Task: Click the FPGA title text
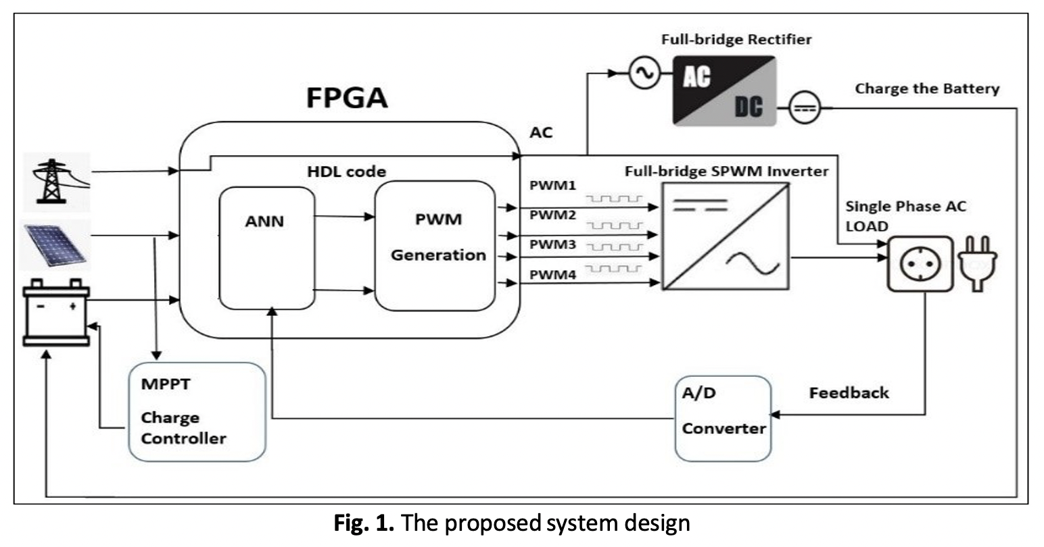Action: point(347,97)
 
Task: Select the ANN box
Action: point(267,249)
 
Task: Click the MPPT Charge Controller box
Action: point(197,412)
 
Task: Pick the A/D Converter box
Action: point(723,419)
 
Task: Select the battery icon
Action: point(56,313)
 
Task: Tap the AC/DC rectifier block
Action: point(723,90)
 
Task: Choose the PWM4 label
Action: point(552,275)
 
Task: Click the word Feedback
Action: point(849,392)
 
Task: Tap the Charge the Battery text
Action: point(926,88)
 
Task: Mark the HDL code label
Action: point(346,172)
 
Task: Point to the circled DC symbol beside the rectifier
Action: point(805,108)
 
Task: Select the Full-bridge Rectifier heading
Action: point(736,39)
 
